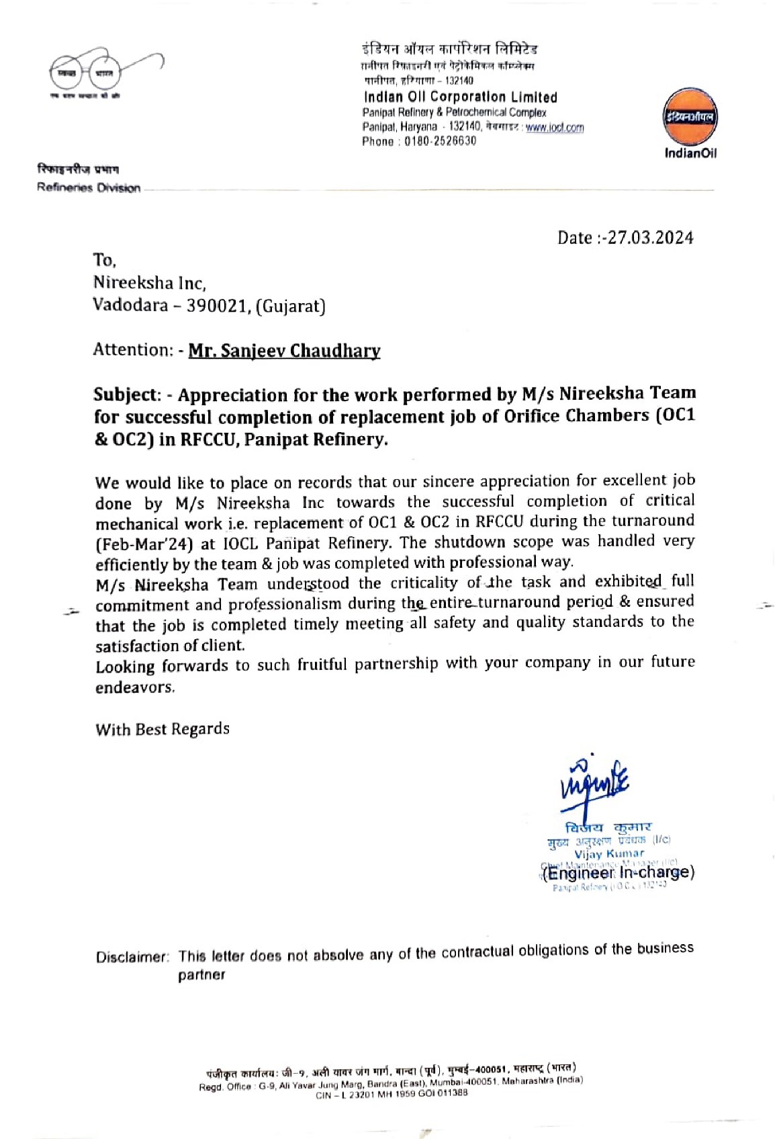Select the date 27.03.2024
[x=650, y=238]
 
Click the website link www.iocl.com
[x=555, y=127]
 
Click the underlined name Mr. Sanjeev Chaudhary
[x=284, y=350]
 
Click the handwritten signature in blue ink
[x=594, y=784]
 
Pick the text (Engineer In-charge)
[x=618, y=873]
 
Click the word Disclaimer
[x=131, y=957]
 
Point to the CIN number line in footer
[x=392, y=1093]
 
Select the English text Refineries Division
[x=89, y=188]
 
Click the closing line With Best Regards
[x=162, y=729]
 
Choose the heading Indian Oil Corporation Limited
[x=460, y=97]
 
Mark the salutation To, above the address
[x=105, y=261]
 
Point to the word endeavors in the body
[x=134, y=687]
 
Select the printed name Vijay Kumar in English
[x=609, y=853]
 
